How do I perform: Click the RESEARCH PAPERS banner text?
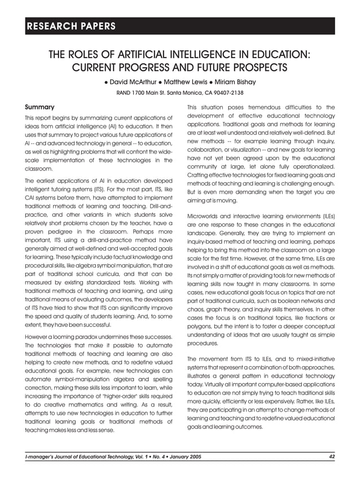click(x=71, y=26)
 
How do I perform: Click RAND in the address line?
click(x=125, y=93)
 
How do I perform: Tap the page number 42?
click(x=332, y=456)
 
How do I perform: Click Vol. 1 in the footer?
click(x=128, y=456)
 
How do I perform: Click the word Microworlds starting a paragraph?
click(x=207, y=216)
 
